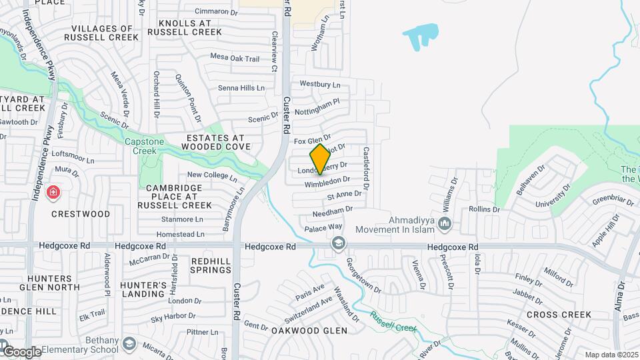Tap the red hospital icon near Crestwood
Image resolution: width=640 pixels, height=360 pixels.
[x=53, y=193]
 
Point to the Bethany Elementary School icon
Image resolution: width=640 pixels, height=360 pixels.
[x=129, y=345]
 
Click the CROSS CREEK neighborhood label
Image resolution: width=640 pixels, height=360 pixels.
[x=559, y=314]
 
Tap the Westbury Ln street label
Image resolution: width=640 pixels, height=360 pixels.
[x=320, y=85]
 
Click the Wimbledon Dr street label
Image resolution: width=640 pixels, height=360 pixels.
[x=327, y=181]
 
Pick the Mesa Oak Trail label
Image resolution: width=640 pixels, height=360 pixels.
[x=235, y=59]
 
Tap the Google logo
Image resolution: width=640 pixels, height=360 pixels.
[x=21, y=351]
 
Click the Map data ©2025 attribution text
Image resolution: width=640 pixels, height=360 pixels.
[x=611, y=355]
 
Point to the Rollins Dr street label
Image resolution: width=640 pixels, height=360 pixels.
[x=484, y=209]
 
